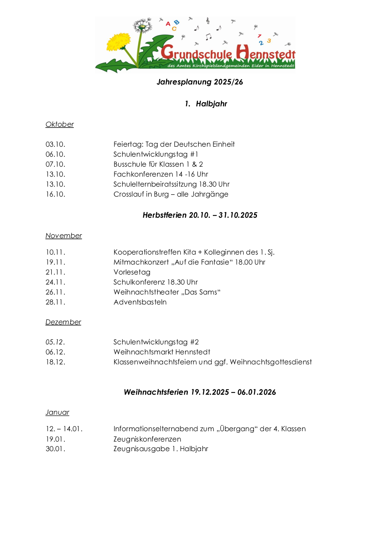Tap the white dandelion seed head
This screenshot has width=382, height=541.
pos(142,26)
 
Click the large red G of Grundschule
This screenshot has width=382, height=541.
pos(167,52)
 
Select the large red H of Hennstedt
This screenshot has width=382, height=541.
pos(242,52)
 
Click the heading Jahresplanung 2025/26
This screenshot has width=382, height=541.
pos(200,82)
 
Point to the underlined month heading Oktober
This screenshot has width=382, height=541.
pos(59,124)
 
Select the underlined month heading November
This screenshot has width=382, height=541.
pos(64,236)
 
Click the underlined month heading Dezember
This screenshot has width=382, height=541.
pos(63,322)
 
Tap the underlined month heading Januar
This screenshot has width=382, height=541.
pos(57,412)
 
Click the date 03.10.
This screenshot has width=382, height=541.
pos(55,144)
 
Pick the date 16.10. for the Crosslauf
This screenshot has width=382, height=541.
pos(55,194)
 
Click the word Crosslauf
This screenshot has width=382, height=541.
pos(128,194)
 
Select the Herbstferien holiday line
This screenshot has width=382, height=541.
pos(200,215)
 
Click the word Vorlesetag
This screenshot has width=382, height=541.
pos(132,272)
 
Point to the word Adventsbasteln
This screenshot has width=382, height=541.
pos(140,302)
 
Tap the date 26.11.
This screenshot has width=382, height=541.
pos(55,292)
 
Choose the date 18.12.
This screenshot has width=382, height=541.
pos(55,362)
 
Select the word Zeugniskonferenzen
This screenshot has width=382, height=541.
pos(147,439)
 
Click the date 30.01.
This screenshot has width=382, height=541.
pos(55,449)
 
